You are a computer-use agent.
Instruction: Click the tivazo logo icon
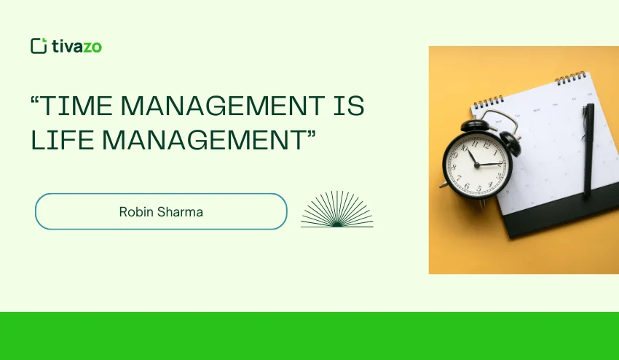coord(39,46)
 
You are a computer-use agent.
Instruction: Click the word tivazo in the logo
coord(77,46)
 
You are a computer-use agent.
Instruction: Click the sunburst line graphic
coord(336,211)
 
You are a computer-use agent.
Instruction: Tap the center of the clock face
coord(477,164)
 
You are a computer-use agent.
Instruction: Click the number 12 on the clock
coord(473,138)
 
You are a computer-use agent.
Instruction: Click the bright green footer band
coord(309,336)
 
